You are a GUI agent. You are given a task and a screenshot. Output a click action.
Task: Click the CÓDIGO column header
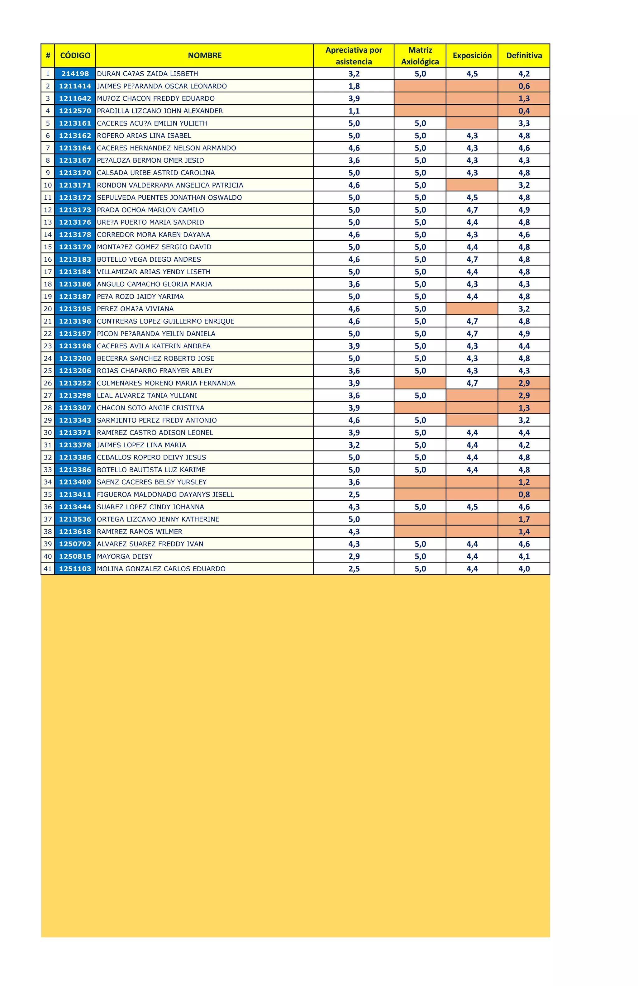pos(75,55)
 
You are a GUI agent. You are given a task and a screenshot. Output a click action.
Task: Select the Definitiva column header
pos(524,55)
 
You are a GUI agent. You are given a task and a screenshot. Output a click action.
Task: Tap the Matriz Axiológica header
pos(420,55)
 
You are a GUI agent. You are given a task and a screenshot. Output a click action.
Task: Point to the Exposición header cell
pos(472,55)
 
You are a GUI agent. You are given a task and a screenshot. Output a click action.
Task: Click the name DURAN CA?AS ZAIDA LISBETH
pos(147,74)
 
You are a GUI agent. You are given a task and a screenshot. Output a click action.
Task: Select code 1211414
pos(75,86)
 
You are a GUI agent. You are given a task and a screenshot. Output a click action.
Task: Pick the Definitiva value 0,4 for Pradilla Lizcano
pos(524,111)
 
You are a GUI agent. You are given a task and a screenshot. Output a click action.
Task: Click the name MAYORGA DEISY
pos(125,556)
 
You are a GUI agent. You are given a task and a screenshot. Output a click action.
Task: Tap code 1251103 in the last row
pos(75,569)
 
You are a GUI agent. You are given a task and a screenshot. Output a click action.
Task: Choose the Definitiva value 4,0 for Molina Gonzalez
pos(524,569)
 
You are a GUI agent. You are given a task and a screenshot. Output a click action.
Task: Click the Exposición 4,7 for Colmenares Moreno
pos(472,383)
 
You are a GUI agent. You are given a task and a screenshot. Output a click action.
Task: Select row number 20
pos(48,309)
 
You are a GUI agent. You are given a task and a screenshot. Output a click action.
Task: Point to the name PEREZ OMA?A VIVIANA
pos(136,309)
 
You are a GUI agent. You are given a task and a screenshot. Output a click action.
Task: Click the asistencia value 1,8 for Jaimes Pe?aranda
pos(354,86)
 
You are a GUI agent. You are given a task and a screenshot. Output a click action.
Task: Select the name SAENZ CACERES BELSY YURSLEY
pos(152,482)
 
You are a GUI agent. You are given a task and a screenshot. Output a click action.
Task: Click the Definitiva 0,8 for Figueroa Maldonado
pos(524,495)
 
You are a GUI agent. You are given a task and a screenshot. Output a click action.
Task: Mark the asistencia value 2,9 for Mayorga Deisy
pos(354,556)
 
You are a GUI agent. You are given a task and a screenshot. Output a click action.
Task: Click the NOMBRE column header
pos(205,55)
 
